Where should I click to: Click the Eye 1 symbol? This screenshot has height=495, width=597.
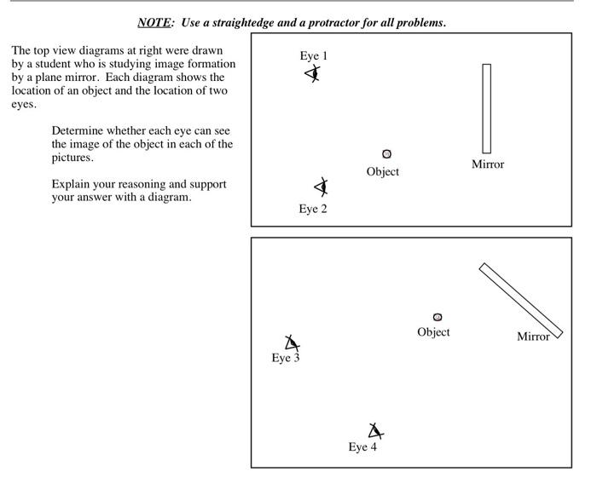pyautogui.click(x=314, y=74)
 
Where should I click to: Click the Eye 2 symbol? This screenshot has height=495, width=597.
pyautogui.click(x=321, y=187)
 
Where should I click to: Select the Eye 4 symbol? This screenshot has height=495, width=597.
pyautogui.click(x=374, y=431)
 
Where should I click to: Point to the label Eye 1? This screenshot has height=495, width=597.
pyautogui.click(x=314, y=56)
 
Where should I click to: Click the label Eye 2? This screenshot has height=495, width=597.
pyautogui.click(x=313, y=209)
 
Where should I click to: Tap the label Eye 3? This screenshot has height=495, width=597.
pyautogui.click(x=286, y=358)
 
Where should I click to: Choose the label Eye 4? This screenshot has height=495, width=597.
pyautogui.click(x=362, y=447)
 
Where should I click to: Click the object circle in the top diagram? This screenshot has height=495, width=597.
pyautogui.click(x=387, y=154)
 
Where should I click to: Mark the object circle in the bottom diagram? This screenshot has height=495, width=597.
pyautogui.click(x=438, y=317)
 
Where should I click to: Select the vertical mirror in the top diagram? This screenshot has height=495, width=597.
pyautogui.click(x=486, y=108)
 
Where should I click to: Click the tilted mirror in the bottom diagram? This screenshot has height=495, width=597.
pyautogui.click(x=521, y=301)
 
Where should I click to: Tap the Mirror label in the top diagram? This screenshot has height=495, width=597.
pyautogui.click(x=488, y=164)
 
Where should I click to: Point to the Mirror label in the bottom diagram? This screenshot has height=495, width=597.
pyautogui.click(x=533, y=337)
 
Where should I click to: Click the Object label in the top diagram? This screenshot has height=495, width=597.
pyautogui.click(x=383, y=171)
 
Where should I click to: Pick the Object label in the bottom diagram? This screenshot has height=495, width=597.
pyautogui.click(x=433, y=332)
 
